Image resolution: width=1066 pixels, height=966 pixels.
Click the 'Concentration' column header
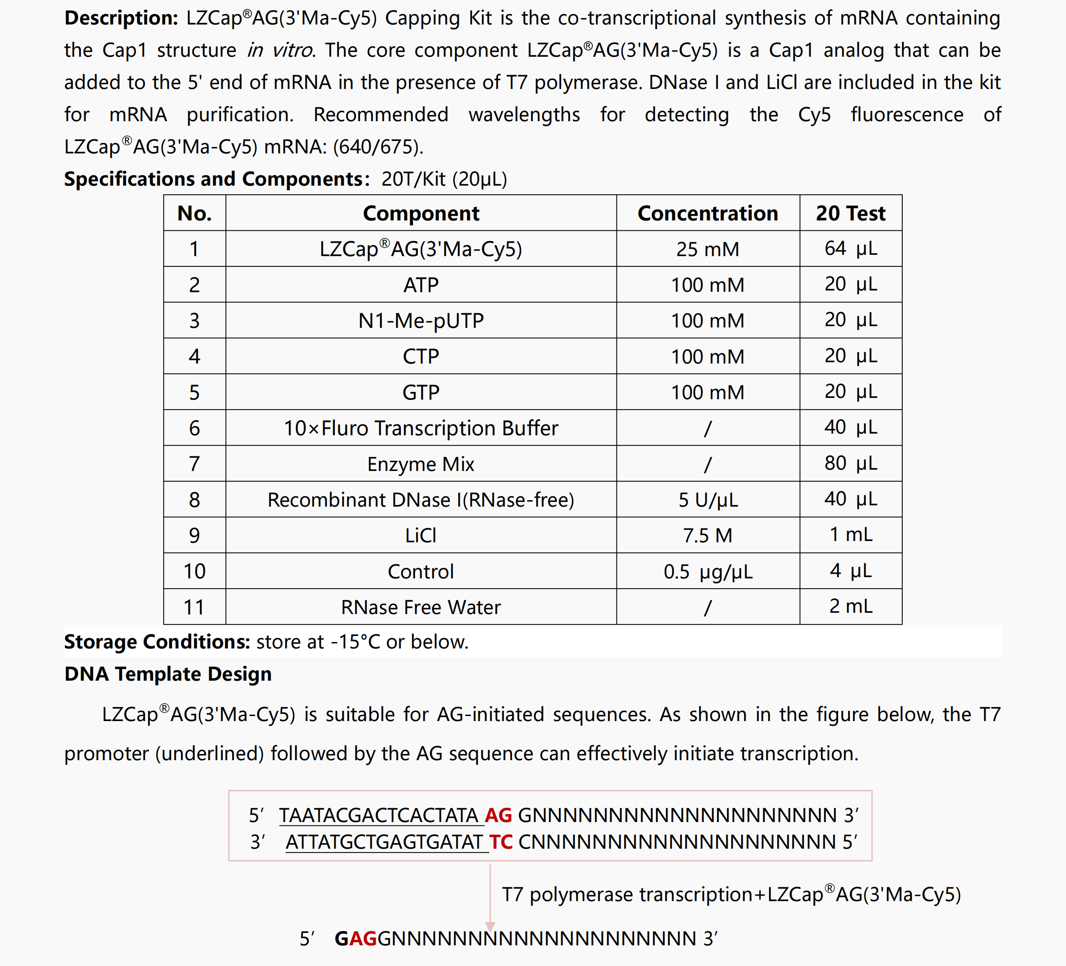708,213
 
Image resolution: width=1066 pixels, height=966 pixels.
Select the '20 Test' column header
850,213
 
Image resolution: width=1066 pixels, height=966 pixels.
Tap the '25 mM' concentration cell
708,249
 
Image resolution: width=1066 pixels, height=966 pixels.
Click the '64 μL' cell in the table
850,248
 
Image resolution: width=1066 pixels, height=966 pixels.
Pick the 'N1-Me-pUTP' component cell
421,321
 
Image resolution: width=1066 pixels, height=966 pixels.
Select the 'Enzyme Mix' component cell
421,464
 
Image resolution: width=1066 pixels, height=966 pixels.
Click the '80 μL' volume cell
850,463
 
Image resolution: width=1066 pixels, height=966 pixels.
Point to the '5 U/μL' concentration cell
708,500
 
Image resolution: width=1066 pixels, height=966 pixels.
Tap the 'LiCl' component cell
421,535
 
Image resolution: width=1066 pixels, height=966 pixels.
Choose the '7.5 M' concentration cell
708,535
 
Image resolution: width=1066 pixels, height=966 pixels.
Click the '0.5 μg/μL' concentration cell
708,572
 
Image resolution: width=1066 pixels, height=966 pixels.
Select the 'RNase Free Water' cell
421,607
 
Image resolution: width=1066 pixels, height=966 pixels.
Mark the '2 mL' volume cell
850,606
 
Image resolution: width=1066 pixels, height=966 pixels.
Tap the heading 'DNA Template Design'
168,674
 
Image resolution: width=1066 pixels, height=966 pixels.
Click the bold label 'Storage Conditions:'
157,642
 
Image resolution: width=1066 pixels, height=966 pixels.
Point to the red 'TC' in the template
501,842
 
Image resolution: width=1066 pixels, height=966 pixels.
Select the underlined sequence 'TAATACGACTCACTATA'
379,815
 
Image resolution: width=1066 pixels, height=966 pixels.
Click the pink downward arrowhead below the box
490,926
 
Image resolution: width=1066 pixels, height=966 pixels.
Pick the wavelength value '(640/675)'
377,147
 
